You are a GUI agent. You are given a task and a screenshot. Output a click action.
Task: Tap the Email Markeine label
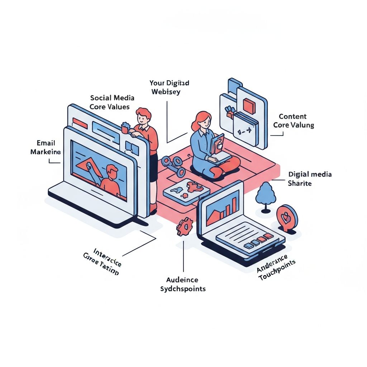click(45, 148)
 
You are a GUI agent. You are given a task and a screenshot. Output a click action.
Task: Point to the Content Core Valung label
click(294, 121)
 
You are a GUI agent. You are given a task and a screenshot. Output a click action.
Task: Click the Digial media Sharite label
click(310, 179)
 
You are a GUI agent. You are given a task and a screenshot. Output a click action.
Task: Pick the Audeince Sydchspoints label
click(183, 284)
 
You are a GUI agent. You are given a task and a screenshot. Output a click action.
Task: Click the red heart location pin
click(287, 216)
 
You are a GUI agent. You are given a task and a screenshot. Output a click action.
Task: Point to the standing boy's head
click(143, 116)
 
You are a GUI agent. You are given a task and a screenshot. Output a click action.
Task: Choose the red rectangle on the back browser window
click(80, 124)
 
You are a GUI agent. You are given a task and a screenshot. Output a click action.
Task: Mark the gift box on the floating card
click(230, 112)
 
